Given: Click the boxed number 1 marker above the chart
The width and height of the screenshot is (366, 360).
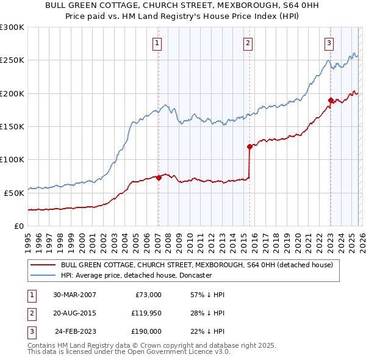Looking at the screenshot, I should [x=157, y=43].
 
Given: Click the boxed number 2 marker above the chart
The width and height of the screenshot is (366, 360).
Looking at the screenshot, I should [x=248, y=43].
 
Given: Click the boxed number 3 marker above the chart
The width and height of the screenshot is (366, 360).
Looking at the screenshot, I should [x=329, y=43].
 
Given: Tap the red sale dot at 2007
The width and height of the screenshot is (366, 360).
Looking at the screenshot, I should [x=159, y=178].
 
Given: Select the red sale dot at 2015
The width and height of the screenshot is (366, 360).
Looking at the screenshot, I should [x=249, y=146].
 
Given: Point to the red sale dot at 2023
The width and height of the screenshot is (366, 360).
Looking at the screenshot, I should [x=330, y=100].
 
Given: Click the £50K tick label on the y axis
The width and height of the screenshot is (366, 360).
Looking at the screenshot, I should [x=15, y=193].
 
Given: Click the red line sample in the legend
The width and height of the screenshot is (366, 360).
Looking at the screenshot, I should [x=42, y=265].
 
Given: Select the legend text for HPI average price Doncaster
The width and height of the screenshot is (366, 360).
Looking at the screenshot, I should [x=136, y=276].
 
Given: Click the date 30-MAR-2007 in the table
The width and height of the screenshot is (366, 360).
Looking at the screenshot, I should [x=74, y=294].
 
